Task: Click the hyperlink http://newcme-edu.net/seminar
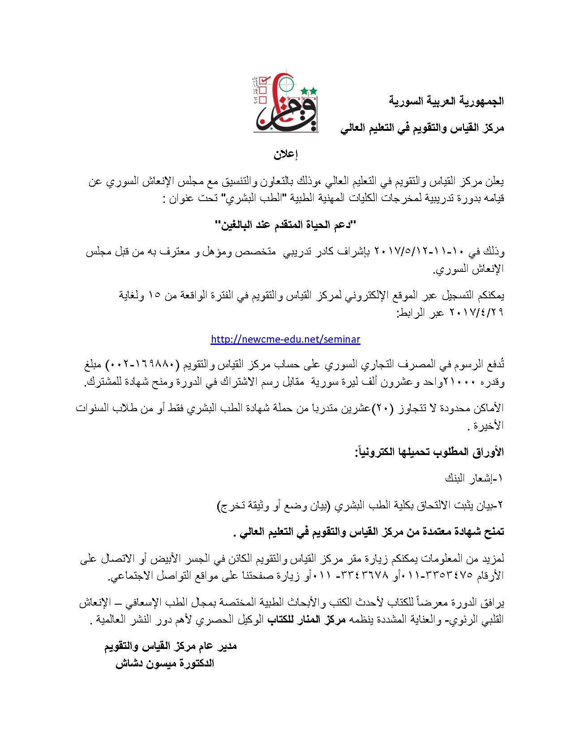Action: [x=285, y=339]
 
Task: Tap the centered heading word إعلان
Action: [x=286, y=155]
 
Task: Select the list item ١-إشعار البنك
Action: [x=475, y=478]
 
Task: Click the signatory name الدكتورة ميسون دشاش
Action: [x=165, y=664]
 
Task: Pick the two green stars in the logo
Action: [x=309, y=91]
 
